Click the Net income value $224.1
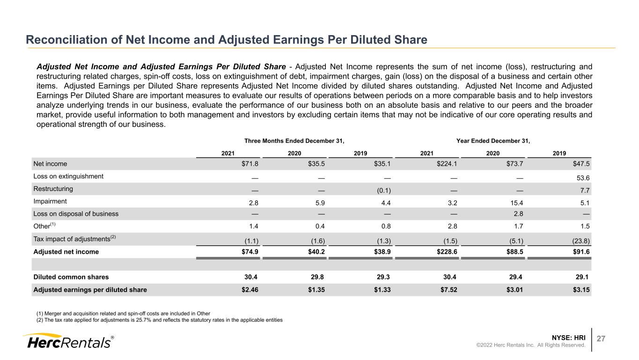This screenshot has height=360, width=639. pyautogui.click(x=447, y=164)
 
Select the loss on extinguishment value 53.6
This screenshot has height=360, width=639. pyautogui.click(x=583, y=178)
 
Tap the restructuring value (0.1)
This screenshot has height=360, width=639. pyautogui.click(x=384, y=191)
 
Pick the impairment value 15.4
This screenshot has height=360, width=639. pyautogui.click(x=517, y=203)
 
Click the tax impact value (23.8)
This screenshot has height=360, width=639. pyautogui.click(x=581, y=241)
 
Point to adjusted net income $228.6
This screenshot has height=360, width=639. pyautogui.click(x=447, y=251)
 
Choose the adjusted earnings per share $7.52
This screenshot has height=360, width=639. pyautogui.click(x=449, y=290)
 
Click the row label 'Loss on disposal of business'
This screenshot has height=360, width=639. pyautogui.click(x=76, y=213)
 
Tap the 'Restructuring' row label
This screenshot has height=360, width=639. pyautogui.click(x=53, y=189)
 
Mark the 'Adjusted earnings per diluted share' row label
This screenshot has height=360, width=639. pyautogui.click(x=90, y=290)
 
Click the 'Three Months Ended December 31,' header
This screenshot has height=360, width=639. pyautogui.click(x=294, y=141)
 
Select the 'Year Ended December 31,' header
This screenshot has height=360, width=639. pyautogui.click(x=493, y=141)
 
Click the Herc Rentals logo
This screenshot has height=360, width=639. pyautogui.click(x=68, y=341)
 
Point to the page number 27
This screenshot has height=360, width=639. pyautogui.click(x=601, y=338)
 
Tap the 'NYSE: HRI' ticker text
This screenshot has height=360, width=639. pyautogui.click(x=568, y=338)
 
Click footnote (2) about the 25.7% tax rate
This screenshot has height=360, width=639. pyautogui.click(x=160, y=320)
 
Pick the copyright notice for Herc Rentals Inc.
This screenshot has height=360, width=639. pyautogui.click(x=531, y=345)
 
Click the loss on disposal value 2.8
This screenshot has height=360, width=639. pyautogui.click(x=518, y=213)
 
